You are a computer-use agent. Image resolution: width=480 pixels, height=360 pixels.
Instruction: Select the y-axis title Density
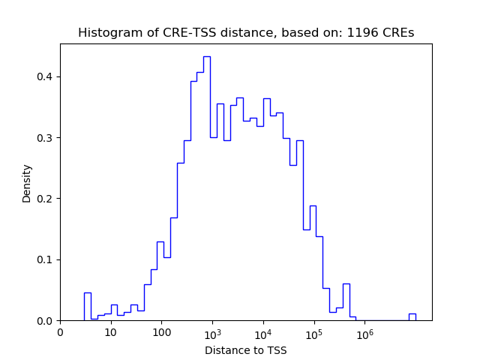[27, 183]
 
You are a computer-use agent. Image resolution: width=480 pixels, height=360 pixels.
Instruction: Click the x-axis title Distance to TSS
[246, 350]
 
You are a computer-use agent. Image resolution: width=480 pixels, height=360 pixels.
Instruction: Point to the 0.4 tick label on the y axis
[45, 76]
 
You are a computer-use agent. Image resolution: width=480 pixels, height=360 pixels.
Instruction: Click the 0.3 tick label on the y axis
[45, 138]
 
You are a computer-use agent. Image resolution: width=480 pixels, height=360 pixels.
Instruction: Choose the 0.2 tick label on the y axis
[45, 199]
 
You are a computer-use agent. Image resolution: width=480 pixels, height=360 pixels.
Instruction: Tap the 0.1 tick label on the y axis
[45, 259]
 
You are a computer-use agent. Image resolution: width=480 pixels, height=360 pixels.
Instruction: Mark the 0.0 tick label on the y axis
[45, 321]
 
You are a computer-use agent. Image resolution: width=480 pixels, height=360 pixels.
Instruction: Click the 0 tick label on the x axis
[61, 332]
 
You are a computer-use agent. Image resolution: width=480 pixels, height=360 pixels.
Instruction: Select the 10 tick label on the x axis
[111, 332]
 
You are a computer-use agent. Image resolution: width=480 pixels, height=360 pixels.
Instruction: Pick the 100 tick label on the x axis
[162, 332]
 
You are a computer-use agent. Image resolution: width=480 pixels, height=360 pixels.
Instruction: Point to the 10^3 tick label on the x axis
[212, 331]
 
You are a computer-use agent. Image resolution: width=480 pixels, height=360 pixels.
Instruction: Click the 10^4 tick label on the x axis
[263, 331]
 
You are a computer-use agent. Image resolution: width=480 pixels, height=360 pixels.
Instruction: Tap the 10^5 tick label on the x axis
[313, 331]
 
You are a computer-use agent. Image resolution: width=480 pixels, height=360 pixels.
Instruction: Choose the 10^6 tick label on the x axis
[364, 331]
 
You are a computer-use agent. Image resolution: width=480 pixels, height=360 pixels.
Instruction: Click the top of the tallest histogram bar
[206, 56]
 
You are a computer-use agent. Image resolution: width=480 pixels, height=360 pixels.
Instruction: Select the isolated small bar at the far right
[412, 317]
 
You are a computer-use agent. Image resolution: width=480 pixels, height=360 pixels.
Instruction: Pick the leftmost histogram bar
[88, 307]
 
